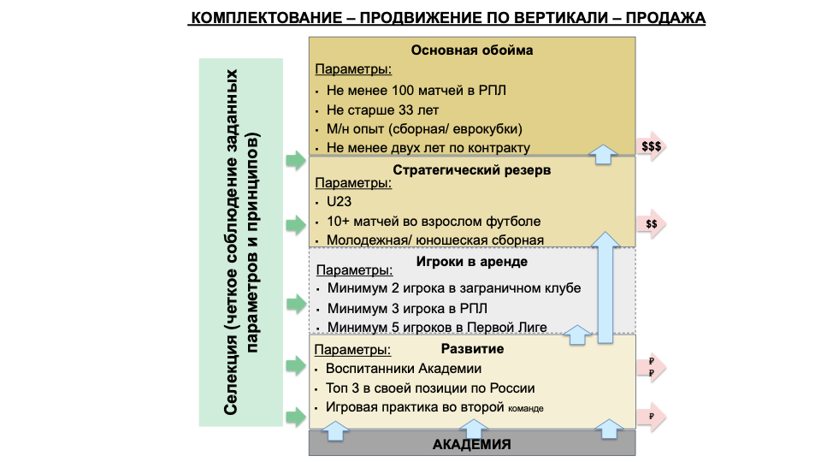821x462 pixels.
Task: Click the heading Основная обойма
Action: (472, 50)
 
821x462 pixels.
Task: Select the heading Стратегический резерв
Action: (472, 170)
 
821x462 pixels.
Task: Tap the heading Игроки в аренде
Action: (472, 262)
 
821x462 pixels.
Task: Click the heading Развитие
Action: (472, 349)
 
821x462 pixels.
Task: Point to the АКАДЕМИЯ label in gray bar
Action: (472, 444)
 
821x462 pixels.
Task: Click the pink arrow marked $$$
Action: (652, 146)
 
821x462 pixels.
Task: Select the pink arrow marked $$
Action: (652, 224)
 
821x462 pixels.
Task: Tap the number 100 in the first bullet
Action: (403, 90)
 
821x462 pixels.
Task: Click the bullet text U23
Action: (340, 202)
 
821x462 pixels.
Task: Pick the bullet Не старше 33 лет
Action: (383, 110)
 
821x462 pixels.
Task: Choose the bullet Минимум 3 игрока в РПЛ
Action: (407, 309)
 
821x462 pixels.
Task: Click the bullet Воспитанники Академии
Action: (404, 368)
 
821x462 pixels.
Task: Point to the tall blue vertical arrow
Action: (605, 287)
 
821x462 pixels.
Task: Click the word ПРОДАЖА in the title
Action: (665, 18)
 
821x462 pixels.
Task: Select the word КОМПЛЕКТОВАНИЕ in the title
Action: (267, 18)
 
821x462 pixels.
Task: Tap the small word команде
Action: (526, 409)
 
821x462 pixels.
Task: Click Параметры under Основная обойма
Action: (353, 69)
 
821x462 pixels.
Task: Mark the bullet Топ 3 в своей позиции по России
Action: (430, 388)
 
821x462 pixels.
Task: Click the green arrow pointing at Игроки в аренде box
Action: (297, 304)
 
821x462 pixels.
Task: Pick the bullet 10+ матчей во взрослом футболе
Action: (434, 222)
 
